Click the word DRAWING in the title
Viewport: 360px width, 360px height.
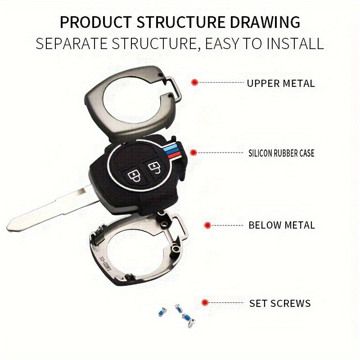pyautogui.click(x=265, y=22)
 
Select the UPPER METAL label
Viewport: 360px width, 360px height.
pyautogui.click(x=280, y=83)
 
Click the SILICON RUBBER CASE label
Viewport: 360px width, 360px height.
pyautogui.click(x=281, y=153)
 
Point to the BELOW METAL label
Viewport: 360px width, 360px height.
pyautogui.click(x=282, y=225)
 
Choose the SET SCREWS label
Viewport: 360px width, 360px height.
pyautogui.click(x=280, y=303)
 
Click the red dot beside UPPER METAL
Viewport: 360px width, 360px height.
pyautogui.click(x=195, y=82)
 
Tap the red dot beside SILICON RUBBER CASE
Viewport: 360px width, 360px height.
pyautogui.click(x=193, y=153)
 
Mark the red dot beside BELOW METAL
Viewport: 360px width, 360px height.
pyautogui.click(x=207, y=225)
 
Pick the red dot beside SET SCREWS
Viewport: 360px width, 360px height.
pyautogui.click(x=205, y=302)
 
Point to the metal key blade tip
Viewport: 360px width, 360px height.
pyautogui.click(x=8, y=227)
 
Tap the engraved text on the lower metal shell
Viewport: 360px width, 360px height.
pyautogui.click(x=104, y=261)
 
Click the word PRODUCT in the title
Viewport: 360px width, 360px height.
pyautogui.click(x=96, y=22)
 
